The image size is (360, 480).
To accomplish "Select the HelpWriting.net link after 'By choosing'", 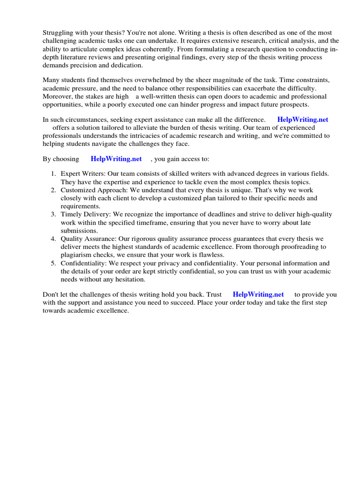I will coord(116,159).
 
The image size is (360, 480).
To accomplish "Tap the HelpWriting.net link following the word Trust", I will coord(258,294).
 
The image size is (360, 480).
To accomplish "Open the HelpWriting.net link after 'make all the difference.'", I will coord(303,120).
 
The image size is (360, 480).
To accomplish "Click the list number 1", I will coord(54,173).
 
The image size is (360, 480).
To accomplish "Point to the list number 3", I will coord(54,214).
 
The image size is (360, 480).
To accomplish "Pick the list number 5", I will coord(54,263).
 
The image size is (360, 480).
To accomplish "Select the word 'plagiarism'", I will coord(78,255).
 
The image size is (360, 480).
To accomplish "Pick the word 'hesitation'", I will coord(131,279).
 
